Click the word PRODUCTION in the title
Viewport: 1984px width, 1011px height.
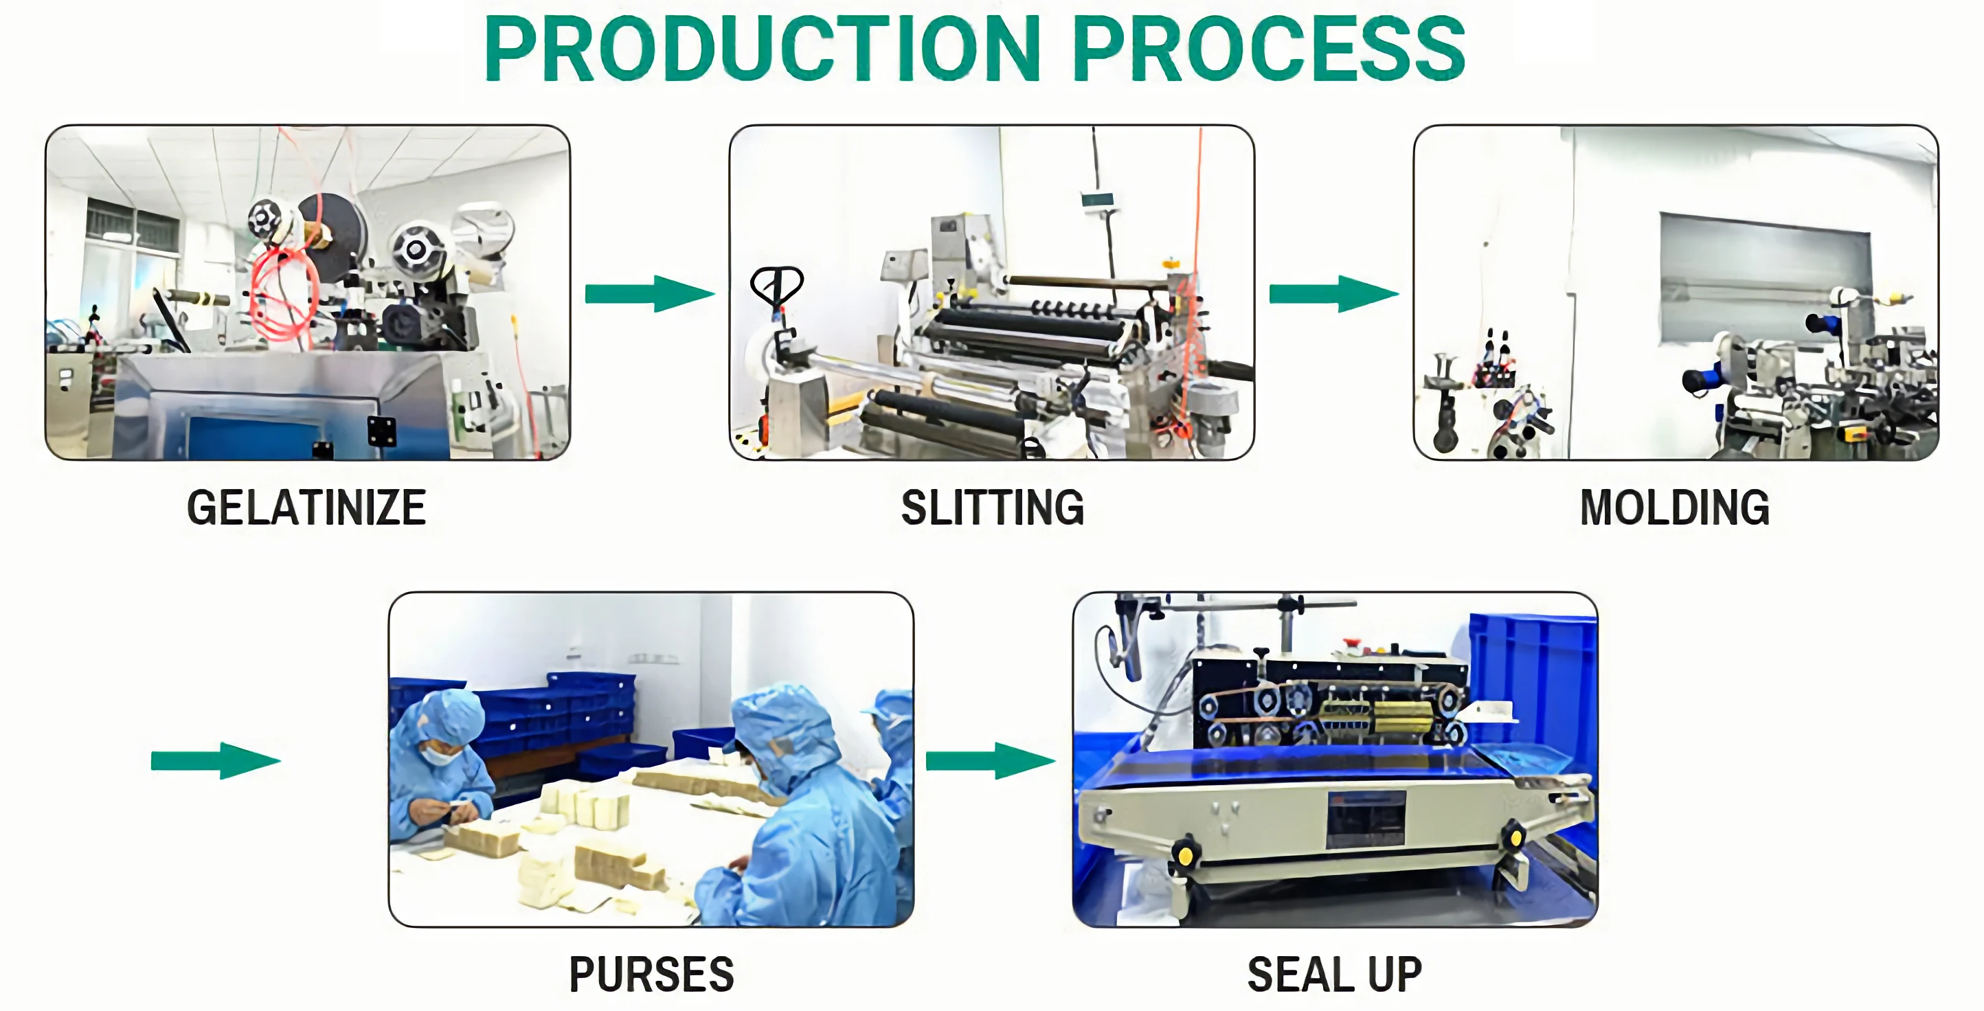coord(763,49)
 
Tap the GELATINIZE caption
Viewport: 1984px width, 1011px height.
coord(306,508)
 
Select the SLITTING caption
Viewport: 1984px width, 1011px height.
coord(992,508)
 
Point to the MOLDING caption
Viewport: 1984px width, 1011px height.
coord(1674,508)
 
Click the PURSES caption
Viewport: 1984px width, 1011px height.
coord(651,975)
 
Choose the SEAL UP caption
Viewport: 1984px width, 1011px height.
coord(1334,975)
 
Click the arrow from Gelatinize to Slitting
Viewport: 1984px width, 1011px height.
coord(649,293)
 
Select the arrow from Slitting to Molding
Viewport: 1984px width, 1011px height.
coord(1333,293)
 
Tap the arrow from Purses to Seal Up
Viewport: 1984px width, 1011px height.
coord(989,761)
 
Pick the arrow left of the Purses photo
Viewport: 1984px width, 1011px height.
coord(215,761)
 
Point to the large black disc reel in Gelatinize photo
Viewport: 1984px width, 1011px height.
coord(332,231)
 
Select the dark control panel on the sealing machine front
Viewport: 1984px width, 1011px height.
coord(1366,819)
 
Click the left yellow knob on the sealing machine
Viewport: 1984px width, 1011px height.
coord(1184,854)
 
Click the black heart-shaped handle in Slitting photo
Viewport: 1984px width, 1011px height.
coord(776,285)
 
